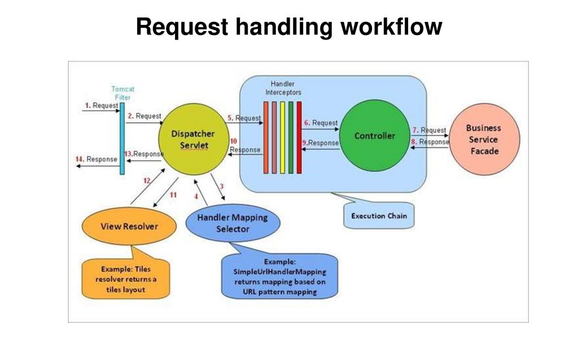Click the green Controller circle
coord(374,136)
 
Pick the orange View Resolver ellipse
coord(129,227)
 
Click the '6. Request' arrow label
coord(321,122)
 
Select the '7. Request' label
coord(430,130)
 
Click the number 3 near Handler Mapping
coord(222,186)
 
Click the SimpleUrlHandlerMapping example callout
coord(279,276)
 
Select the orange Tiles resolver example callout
coord(125,279)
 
